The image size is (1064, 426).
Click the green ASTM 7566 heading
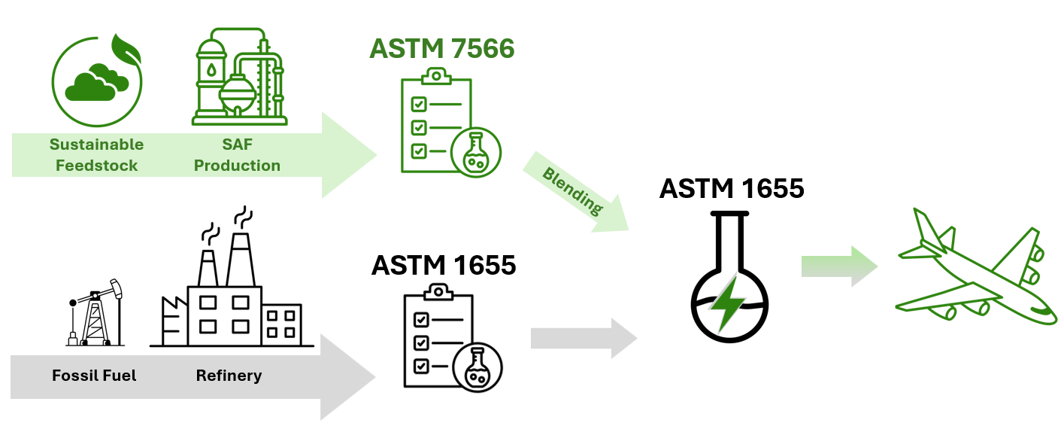[x=442, y=49]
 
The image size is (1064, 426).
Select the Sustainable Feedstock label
[x=95, y=155]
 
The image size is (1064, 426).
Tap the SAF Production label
[x=237, y=155]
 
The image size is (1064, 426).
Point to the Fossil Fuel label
[x=94, y=375]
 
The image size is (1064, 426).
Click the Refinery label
[x=229, y=375]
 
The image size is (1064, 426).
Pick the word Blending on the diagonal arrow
[x=573, y=190]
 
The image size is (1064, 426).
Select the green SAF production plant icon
[x=239, y=77]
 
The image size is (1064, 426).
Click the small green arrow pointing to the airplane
[x=838, y=266]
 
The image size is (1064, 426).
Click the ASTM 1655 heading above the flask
[x=731, y=188]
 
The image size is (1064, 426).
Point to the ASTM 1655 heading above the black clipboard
[x=444, y=265]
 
